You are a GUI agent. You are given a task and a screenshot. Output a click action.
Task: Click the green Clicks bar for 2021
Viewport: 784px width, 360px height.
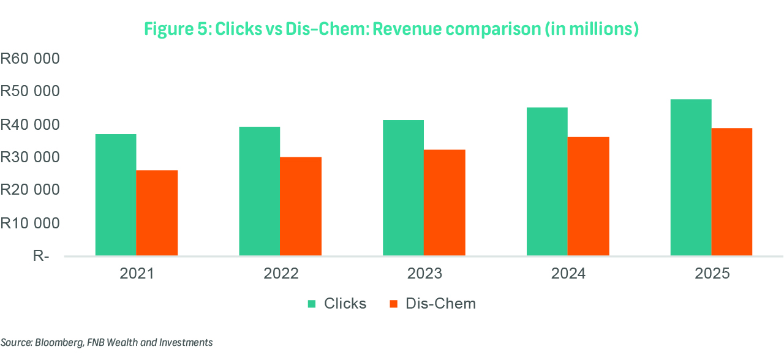tap(116, 195)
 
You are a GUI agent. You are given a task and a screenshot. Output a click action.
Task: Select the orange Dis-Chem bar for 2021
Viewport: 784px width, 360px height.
tap(157, 212)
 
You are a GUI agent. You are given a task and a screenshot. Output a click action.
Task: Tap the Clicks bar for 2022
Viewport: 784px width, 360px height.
tap(260, 191)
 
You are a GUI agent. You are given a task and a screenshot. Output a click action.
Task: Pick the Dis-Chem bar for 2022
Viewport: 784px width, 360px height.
tap(301, 206)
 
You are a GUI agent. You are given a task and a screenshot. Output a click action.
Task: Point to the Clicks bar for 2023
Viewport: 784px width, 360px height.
tap(403, 187)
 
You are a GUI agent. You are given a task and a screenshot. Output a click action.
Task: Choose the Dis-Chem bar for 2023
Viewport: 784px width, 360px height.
tap(445, 203)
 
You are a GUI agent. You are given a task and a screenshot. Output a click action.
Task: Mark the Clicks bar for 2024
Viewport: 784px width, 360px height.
tap(547, 181)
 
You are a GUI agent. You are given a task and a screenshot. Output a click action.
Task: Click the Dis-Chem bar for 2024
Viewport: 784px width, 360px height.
tap(589, 196)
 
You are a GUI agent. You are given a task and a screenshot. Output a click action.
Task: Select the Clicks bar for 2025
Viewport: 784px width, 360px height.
tap(691, 178)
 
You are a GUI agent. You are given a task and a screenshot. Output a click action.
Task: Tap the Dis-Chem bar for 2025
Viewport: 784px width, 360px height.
tap(732, 192)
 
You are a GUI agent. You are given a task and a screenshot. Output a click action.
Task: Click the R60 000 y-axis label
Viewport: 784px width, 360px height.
tap(30, 59)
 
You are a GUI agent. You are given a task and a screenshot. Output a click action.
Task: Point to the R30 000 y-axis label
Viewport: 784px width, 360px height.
tap(30, 157)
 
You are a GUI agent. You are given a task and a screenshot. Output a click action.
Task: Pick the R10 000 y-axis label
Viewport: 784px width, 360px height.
tap(30, 223)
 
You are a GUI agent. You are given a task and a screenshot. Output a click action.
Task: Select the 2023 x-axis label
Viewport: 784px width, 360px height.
tap(424, 273)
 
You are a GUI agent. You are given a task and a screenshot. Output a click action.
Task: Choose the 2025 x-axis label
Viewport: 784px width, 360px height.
tap(712, 273)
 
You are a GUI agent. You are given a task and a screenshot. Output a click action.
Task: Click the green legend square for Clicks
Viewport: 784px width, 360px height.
tap(312, 304)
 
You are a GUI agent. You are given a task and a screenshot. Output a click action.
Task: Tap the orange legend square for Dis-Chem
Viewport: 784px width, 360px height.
tap(394, 304)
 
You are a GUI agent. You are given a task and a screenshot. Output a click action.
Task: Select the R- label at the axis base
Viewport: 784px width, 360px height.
tap(40, 256)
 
